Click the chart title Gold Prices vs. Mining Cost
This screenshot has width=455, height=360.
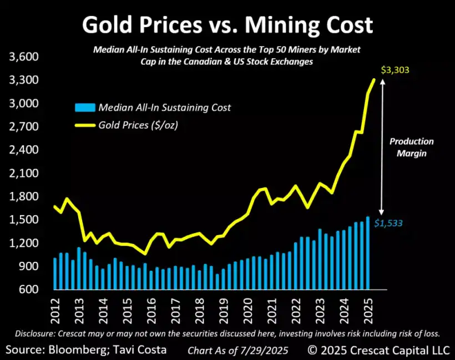tap(228, 25)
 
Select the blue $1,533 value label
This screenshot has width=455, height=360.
tap(387, 224)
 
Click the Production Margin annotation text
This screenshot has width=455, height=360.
tap(411, 147)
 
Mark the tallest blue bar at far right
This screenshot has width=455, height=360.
tap(367, 252)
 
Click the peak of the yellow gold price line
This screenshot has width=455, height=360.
tap(374, 80)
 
